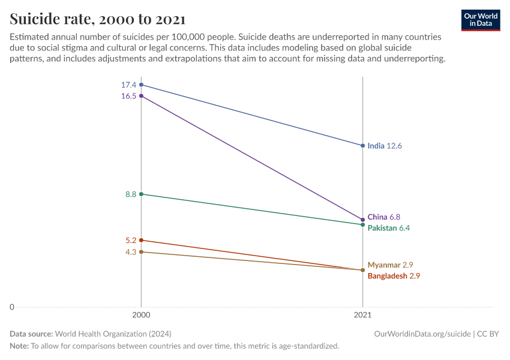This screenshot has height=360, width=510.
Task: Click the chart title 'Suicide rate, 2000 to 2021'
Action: [x=98, y=19]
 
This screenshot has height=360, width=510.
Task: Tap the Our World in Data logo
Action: [x=481, y=20]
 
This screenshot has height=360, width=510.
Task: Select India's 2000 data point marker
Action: [x=141, y=85]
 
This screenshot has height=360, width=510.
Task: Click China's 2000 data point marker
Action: [x=141, y=95]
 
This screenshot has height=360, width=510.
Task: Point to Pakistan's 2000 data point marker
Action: [x=141, y=194]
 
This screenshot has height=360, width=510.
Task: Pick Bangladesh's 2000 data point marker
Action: [x=141, y=240]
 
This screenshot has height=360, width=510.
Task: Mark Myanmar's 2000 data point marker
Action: [x=141, y=252]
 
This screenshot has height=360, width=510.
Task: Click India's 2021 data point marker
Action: [x=362, y=146]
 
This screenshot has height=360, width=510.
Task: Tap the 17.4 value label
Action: [x=128, y=85]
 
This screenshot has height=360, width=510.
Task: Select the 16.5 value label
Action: [x=128, y=96]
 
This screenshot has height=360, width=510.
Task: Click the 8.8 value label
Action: [x=131, y=194]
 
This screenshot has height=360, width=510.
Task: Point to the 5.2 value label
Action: [x=131, y=241]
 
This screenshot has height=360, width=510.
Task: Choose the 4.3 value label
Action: [x=131, y=253]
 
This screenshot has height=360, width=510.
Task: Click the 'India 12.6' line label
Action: [x=385, y=146]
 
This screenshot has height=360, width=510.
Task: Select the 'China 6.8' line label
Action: [x=383, y=217]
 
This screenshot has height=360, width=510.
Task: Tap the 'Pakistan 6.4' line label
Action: [x=389, y=228]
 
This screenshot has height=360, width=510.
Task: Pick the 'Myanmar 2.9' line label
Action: [x=390, y=265]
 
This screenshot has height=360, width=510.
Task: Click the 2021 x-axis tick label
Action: [x=362, y=314]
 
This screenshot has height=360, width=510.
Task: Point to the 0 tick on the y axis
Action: [x=11, y=307]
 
